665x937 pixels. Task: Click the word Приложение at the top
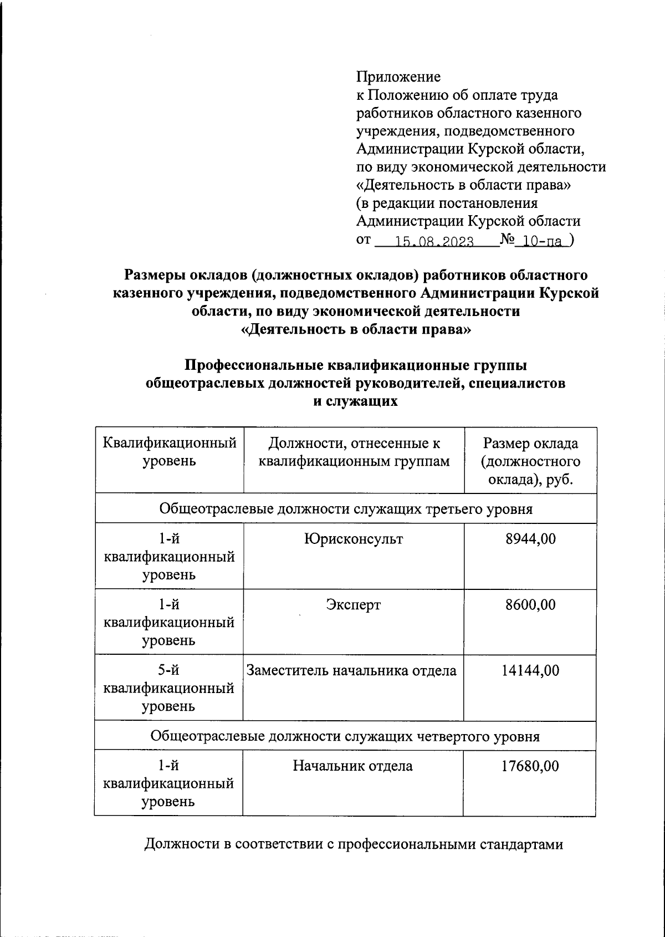pyautogui.click(x=398, y=77)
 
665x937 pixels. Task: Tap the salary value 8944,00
pyautogui.click(x=530, y=538)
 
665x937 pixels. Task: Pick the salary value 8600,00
pyautogui.click(x=530, y=604)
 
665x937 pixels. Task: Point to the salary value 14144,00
pyautogui.click(x=530, y=670)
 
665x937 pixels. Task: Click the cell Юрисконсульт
pyautogui.click(x=354, y=538)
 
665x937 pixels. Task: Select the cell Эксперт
pyautogui.click(x=354, y=604)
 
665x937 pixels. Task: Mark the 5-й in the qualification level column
pyautogui.click(x=168, y=670)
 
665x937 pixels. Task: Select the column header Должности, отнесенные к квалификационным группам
pyautogui.click(x=354, y=452)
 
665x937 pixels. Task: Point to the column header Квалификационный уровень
pyautogui.click(x=170, y=452)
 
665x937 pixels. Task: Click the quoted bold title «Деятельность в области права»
pyautogui.click(x=356, y=329)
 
